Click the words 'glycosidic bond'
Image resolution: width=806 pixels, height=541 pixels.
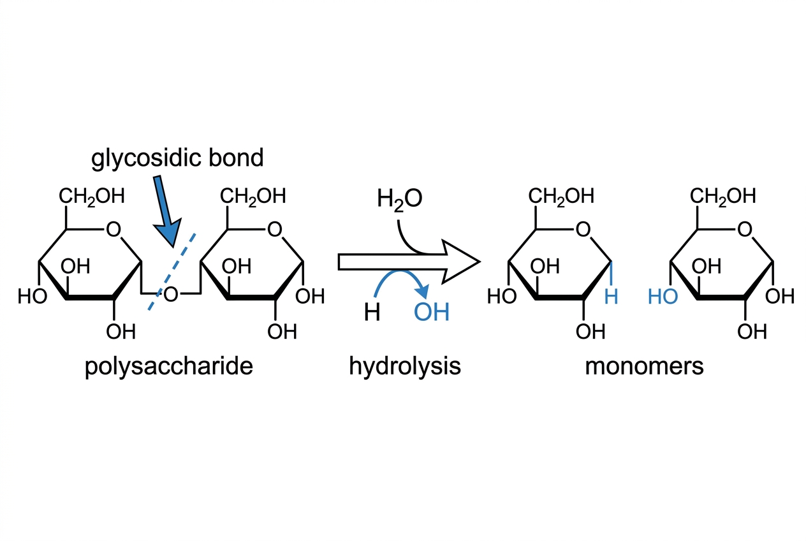click(x=177, y=159)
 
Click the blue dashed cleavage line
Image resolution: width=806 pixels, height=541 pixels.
click(x=172, y=271)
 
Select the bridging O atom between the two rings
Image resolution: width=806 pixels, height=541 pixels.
click(x=171, y=295)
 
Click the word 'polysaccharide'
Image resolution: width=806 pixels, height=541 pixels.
click(x=169, y=367)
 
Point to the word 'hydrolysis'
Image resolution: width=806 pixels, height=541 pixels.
click(x=405, y=367)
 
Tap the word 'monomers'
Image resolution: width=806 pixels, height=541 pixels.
click(x=644, y=366)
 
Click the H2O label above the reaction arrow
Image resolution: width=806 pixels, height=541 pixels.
click(x=399, y=199)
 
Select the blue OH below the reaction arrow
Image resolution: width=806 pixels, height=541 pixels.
click(x=432, y=312)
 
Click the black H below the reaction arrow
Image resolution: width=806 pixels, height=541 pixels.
click(x=372, y=312)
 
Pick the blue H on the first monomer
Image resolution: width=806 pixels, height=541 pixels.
click(x=612, y=297)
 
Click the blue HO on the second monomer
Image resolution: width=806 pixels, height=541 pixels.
click(x=663, y=297)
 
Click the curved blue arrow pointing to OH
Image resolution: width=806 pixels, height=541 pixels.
click(x=399, y=272)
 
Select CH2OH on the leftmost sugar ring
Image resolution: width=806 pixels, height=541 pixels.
click(x=91, y=196)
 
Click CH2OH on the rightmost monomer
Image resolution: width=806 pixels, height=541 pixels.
click(x=722, y=196)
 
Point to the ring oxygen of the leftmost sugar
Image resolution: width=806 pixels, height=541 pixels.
click(x=114, y=229)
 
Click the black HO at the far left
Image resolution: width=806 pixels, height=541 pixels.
click(x=33, y=297)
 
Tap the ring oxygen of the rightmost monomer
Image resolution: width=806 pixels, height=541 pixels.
click(x=745, y=229)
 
